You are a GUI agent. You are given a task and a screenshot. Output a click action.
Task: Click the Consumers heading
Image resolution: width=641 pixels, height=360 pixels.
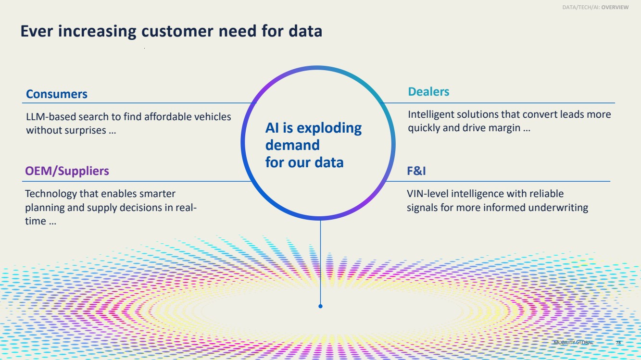coord(57,94)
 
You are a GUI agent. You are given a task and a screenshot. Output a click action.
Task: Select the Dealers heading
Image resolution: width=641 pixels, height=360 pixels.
coord(428,91)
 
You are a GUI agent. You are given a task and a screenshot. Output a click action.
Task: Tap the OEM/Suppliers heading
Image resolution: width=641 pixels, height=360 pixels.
coord(67,171)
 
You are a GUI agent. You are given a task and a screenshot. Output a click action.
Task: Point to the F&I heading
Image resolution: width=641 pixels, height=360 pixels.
coord(416,171)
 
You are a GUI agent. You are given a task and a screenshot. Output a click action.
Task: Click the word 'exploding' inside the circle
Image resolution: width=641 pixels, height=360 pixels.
coord(329,128)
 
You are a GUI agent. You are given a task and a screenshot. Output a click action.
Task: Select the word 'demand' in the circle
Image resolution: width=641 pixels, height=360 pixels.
coord(292,145)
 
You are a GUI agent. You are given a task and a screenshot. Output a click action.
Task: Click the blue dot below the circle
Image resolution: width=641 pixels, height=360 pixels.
coord(320,306)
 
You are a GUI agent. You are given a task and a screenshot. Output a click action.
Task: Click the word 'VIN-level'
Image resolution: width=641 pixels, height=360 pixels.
coord(427,194)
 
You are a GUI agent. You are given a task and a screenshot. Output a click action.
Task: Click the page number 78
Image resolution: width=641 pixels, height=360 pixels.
coord(618,343)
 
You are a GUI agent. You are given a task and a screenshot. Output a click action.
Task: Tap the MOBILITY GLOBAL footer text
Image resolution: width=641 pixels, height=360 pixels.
coord(574,343)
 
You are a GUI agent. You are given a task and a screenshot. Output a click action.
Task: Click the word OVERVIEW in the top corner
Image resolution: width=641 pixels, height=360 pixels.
coord(615,7)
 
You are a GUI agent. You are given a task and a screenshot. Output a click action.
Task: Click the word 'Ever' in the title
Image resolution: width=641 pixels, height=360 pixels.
coord(37,31)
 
